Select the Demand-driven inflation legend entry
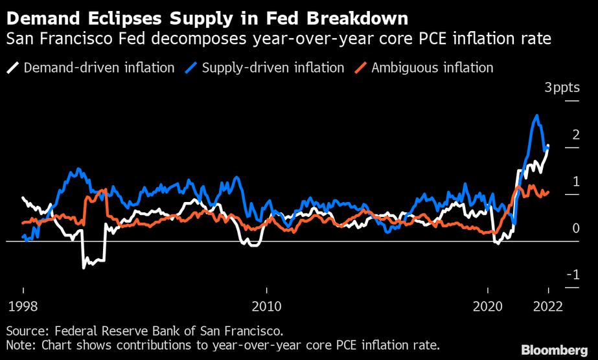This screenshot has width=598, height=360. (91, 67)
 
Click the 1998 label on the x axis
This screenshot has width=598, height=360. (23, 305)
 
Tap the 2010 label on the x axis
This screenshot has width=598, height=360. (266, 305)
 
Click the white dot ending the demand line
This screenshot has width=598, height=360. (548, 147)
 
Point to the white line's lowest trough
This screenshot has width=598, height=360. (84, 267)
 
